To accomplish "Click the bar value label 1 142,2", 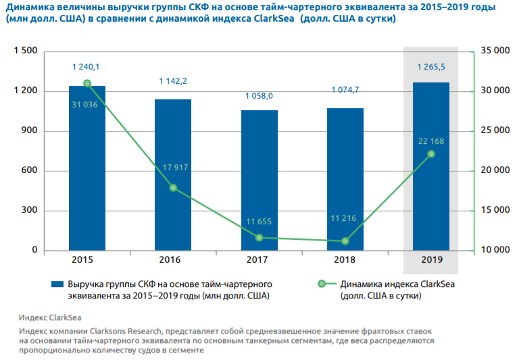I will (173, 81).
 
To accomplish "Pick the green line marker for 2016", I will (173, 188).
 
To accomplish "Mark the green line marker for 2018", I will (345, 241).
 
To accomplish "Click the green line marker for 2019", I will (431, 154).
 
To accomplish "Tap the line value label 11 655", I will (259, 222).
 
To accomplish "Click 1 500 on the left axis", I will (24, 51).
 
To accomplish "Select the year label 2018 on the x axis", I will (345, 260).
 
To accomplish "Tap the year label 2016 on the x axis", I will (173, 260).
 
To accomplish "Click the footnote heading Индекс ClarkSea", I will (50, 317).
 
